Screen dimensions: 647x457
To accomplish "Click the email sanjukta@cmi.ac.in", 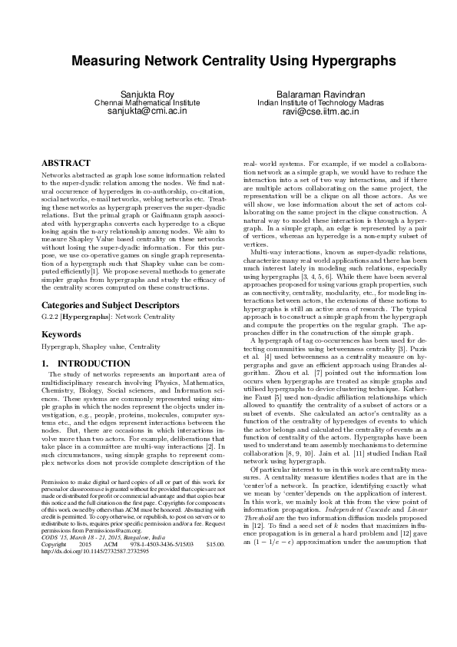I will [x=146, y=111].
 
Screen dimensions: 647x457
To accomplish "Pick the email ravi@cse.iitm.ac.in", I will [x=309, y=111].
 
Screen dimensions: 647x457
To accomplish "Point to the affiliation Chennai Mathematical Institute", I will [x=146, y=101].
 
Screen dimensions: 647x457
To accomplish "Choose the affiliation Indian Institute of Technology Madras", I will [x=309, y=101].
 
